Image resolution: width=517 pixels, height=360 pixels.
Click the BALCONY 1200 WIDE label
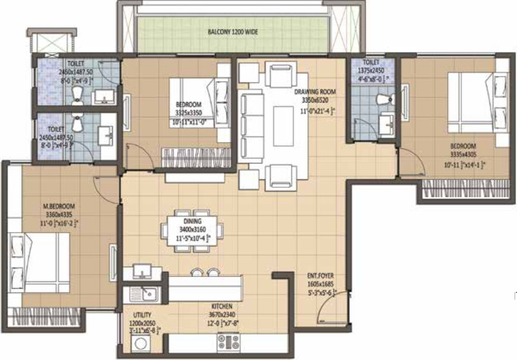(x=233, y=31)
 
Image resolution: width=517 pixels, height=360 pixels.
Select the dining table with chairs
(x=191, y=231)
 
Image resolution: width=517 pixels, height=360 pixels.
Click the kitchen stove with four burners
(x=229, y=342)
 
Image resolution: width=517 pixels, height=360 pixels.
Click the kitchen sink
(x=144, y=295)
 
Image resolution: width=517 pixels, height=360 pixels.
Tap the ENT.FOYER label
(x=320, y=276)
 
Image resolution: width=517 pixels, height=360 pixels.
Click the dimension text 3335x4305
(x=463, y=155)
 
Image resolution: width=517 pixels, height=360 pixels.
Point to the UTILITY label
(x=143, y=315)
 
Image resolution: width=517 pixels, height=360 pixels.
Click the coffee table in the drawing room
(x=282, y=126)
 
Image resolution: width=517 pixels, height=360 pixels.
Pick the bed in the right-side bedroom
(x=477, y=105)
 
